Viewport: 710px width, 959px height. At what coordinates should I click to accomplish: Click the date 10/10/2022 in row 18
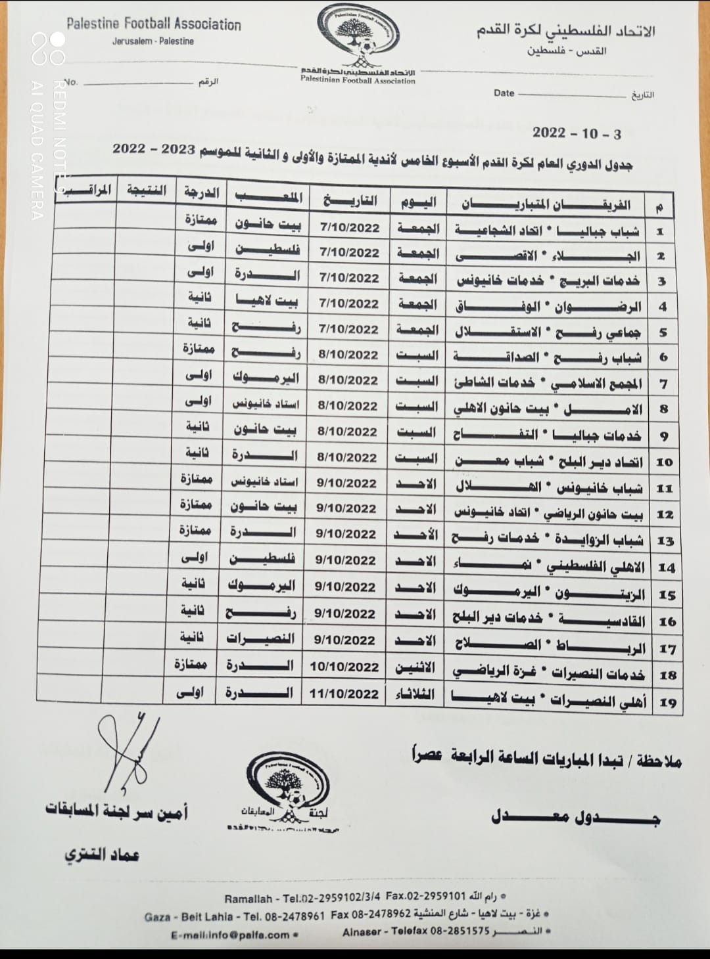(344, 667)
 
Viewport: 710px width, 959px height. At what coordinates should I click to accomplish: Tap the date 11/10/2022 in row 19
(344, 694)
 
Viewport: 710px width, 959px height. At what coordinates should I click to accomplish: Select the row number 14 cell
(666, 568)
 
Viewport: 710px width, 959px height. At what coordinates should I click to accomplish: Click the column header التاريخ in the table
(350, 199)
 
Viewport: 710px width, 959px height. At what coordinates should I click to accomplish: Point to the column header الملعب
(268, 196)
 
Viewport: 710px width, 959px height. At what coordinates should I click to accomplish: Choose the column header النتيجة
(146, 191)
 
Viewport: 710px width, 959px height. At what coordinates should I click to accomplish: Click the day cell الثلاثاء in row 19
(414, 694)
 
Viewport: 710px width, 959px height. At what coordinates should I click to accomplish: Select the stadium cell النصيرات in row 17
(260, 638)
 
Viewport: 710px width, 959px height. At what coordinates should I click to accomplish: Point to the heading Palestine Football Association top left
(154, 24)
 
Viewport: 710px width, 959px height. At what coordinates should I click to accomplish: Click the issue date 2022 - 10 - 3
(576, 133)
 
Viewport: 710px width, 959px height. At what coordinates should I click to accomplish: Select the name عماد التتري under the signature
(102, 855)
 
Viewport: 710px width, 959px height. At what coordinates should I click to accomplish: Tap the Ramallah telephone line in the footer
(365, 898)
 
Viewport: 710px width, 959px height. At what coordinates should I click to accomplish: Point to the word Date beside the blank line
(504, 93)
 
